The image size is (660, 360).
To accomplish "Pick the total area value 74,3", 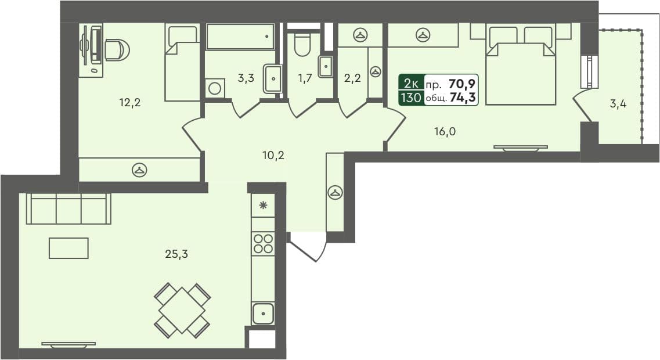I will [463, 98].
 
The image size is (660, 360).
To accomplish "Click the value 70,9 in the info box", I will [462, 83].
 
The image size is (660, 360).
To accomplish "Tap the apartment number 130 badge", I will [410, 98].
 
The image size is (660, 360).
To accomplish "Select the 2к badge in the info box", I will [411, 83].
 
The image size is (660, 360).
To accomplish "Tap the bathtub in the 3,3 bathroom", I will [239, 37].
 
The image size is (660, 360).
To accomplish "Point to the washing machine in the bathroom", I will [214, 88].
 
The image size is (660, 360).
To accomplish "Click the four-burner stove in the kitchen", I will [263, 243].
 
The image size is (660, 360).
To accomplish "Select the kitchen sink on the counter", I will [263, 313].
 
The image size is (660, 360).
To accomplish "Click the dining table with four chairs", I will [182, 311].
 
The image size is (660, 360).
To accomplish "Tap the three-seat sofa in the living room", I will [68, 209].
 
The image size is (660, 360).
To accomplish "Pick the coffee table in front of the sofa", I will [68, 248].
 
